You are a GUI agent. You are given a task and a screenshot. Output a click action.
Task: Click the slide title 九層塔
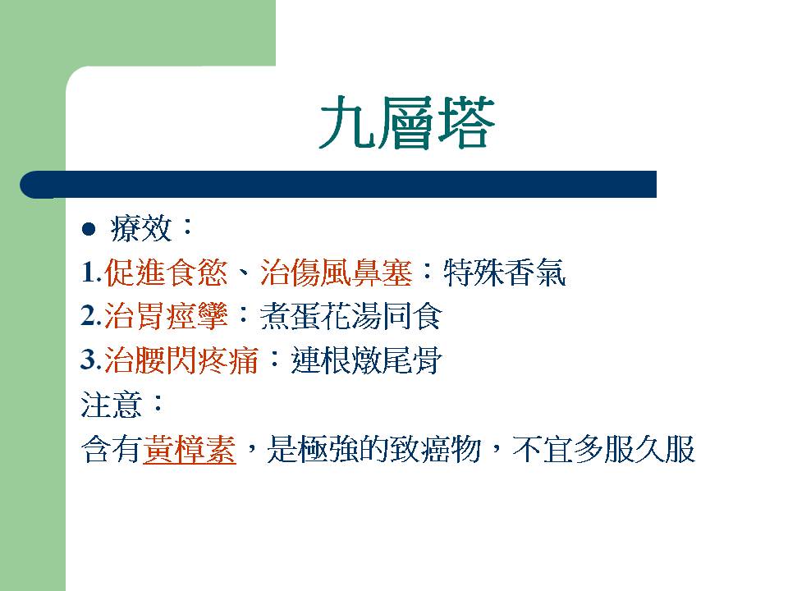click(x=407, y=122)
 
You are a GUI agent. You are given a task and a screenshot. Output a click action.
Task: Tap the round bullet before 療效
click(x=89, y=229)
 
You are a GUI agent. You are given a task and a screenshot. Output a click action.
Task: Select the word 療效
click(x=141, y=229)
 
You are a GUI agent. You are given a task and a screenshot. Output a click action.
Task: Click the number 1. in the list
click(x=91, y=273)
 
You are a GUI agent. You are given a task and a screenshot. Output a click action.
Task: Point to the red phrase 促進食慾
click(x=166, y=273)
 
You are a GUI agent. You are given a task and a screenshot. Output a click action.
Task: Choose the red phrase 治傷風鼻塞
click(x=337, y=273)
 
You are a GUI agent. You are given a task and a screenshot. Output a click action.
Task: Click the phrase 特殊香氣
click(x=505, y=273)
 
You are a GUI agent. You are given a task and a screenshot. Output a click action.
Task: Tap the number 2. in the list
click(x=91, y=316)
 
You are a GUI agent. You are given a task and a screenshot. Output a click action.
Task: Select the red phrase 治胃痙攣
click(x=166, y=316)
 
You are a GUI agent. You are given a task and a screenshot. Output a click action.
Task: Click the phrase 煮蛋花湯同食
click(x=350, y=316)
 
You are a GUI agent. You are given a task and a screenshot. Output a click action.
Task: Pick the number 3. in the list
click(x=91, y=360)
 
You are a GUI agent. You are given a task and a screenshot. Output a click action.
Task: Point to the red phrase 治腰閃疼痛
click(x=181, y=360)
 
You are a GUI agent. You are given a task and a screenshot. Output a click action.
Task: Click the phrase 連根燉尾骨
click(x=366, y=360)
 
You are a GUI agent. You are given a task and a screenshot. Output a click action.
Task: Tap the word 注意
click(x=111, y=405)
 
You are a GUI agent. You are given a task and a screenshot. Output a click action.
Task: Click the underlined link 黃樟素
click(x=190, y=449)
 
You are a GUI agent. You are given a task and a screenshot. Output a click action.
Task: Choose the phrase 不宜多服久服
click(x=603, y=449)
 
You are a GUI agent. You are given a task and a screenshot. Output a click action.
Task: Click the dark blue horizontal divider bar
click(x=338, y=185)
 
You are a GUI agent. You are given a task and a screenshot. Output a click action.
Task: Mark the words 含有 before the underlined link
click(x=111, y=449)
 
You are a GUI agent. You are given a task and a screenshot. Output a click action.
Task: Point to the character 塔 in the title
click(x=466, y=122)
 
